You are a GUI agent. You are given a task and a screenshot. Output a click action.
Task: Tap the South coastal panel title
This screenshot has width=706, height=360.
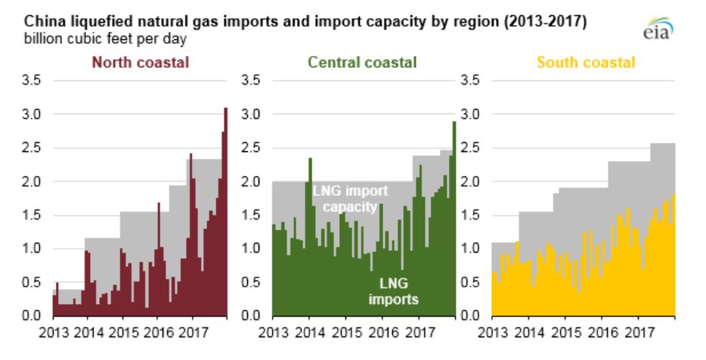587,63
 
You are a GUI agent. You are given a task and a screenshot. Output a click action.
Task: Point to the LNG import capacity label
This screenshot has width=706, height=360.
345,197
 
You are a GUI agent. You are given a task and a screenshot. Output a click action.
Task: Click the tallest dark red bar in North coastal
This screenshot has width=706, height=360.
225,212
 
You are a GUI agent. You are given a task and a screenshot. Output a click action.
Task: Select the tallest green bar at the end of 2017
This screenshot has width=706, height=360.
454,219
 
